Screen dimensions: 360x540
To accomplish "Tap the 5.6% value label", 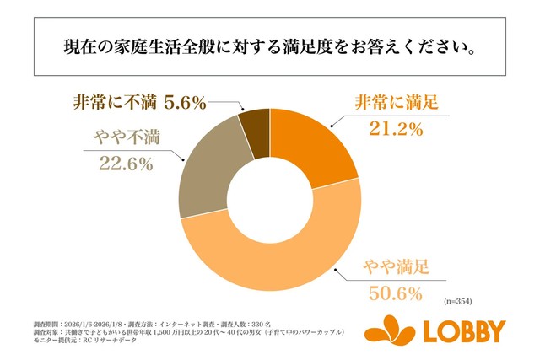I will click(x=186, y=103).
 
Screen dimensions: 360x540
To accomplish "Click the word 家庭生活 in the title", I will click(x=143, y=44).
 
